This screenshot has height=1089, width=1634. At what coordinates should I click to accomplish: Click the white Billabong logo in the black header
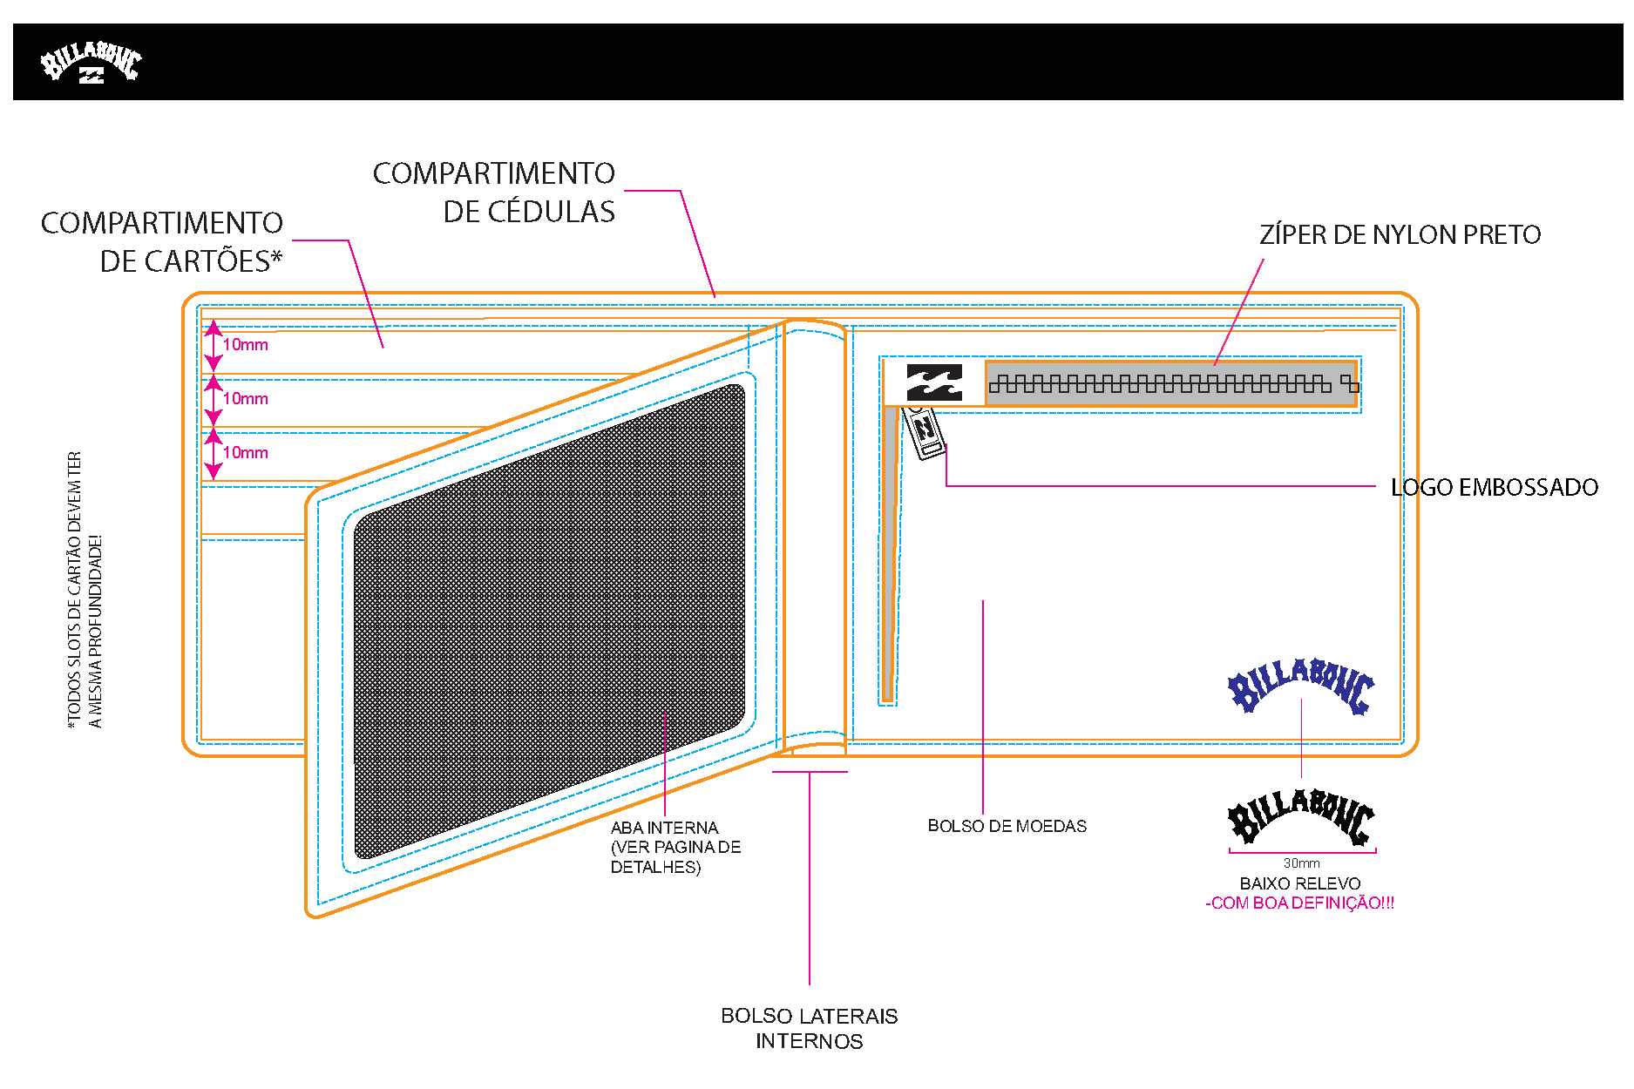click(91, 62)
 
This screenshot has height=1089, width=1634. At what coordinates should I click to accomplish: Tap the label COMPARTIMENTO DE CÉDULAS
click(494, 193)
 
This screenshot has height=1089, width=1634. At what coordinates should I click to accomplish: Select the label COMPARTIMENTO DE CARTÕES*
click(162, 242)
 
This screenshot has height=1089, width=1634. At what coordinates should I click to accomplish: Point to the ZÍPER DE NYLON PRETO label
click(1400, 234)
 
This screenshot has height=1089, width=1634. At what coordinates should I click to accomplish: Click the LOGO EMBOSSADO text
click(1495, 487)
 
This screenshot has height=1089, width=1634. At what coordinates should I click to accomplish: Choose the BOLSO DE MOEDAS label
click(1007, 826)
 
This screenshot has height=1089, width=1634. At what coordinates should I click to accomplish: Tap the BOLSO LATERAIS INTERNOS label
click(810, 1029)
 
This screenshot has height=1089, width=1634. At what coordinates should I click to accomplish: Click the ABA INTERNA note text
click(676, 847)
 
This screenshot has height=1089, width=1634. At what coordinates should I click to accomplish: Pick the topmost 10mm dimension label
click(246, 345)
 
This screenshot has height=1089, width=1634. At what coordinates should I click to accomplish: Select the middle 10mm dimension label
click(246, 399)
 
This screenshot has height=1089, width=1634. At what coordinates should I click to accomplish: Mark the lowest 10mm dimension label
click(246, 453)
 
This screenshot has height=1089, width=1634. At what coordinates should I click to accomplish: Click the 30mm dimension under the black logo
click(1302, 863)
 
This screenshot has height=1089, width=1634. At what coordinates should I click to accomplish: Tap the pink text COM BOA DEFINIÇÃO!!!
click(1300, 903)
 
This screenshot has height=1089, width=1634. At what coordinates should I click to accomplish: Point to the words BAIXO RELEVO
click(1300, 883)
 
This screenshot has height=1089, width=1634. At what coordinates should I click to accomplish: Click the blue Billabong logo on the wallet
click(1301, 687)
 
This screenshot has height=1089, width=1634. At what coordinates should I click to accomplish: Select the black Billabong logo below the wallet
click(1301, 816)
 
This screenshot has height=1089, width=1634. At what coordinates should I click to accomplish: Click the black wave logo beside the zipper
click(934, 382)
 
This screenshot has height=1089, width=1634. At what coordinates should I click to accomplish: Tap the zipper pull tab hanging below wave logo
click(924, 432)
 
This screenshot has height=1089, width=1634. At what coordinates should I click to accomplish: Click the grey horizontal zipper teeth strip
click(1171, 383)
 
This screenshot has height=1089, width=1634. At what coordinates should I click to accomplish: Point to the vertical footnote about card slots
click(85, 590)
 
